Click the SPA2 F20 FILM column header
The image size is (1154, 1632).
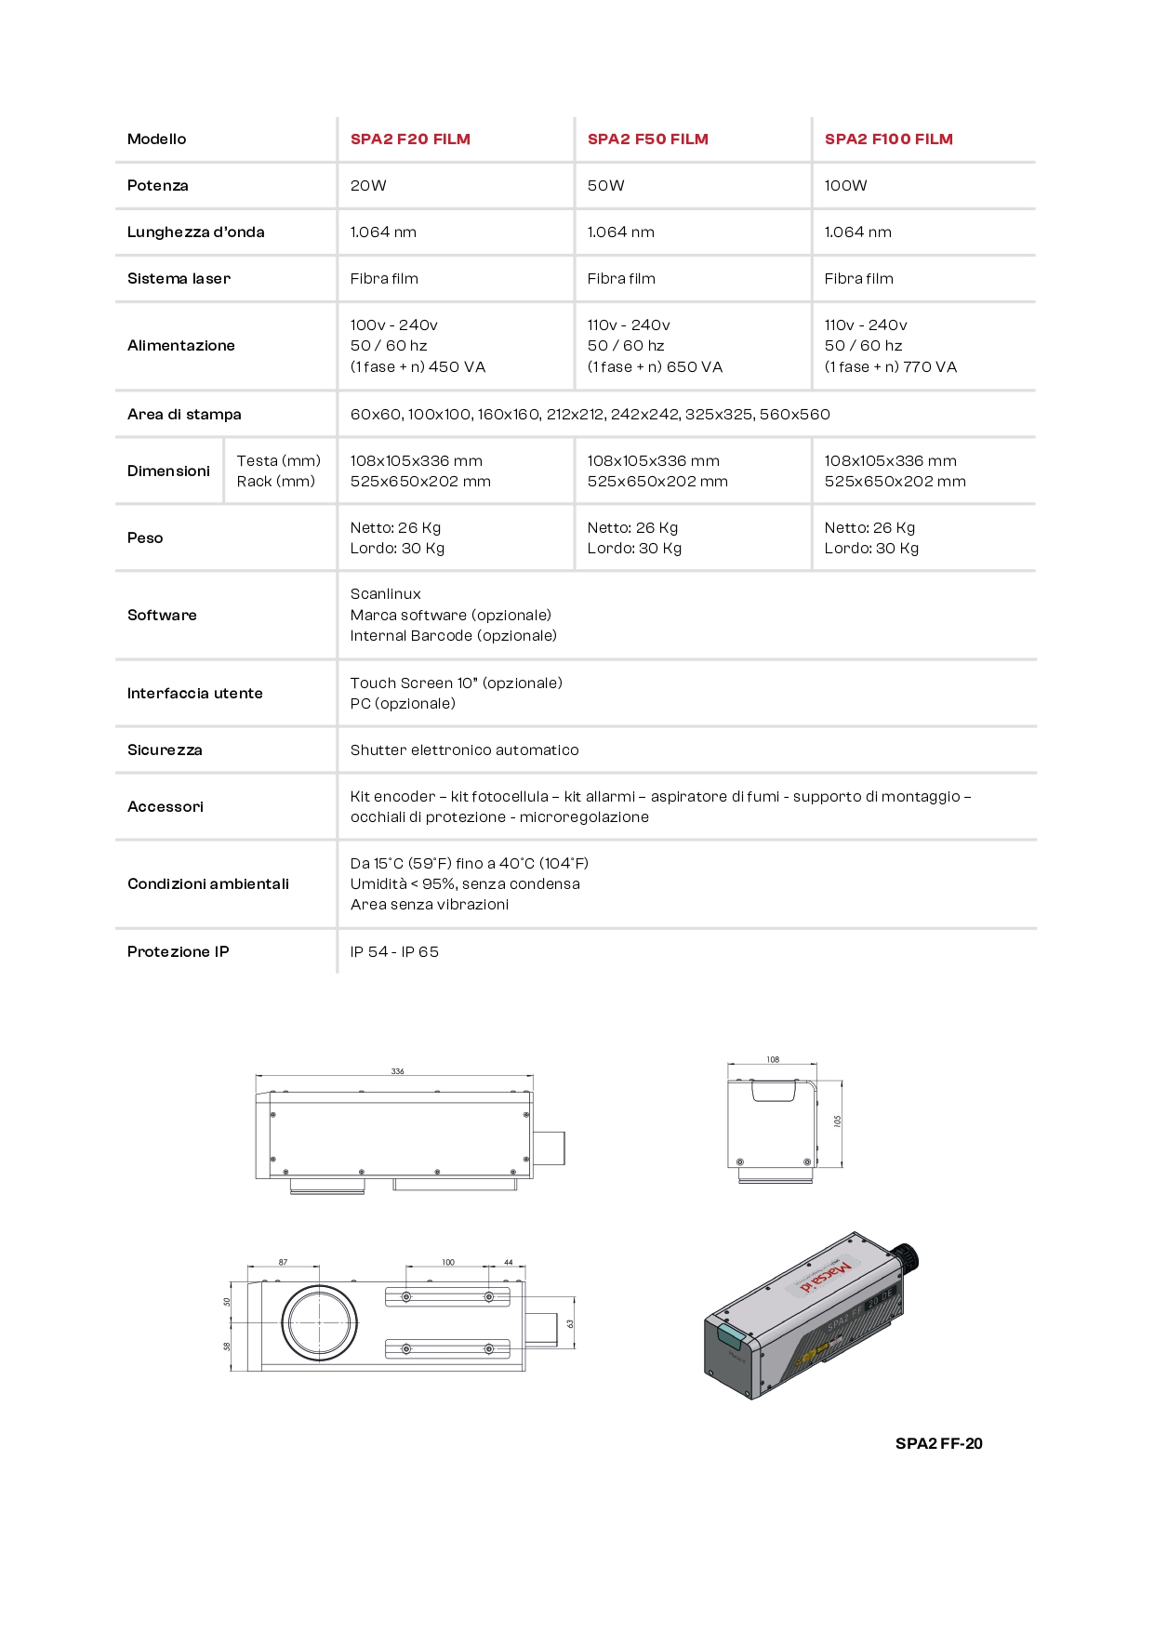coord(410,139)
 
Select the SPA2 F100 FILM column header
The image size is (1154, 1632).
coord(888,139)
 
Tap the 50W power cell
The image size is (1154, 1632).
coord(606,186)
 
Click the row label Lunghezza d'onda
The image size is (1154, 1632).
coord(195,232)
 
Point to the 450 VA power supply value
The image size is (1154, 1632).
coord(457,367)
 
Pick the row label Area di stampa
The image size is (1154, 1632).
coord(184,415)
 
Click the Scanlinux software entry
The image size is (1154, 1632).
coord(385,594)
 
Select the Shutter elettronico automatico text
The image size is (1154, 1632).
coord(464,750)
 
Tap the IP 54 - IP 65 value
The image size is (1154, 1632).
coord(394,952)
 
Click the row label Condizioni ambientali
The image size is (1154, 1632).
coord(208,884)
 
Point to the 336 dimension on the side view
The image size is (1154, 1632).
coord(397,1071)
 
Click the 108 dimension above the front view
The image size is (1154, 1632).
coord(773,1060)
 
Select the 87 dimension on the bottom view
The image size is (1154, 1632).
coord(283,1263)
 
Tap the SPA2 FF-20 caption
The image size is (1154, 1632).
coord(938,1444)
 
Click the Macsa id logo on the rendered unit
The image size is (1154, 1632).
coord(825,1276)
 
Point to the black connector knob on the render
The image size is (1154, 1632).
coord(907,1256)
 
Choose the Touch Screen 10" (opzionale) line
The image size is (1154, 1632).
coord(456,683)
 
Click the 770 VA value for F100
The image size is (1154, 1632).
coord(930,367)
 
